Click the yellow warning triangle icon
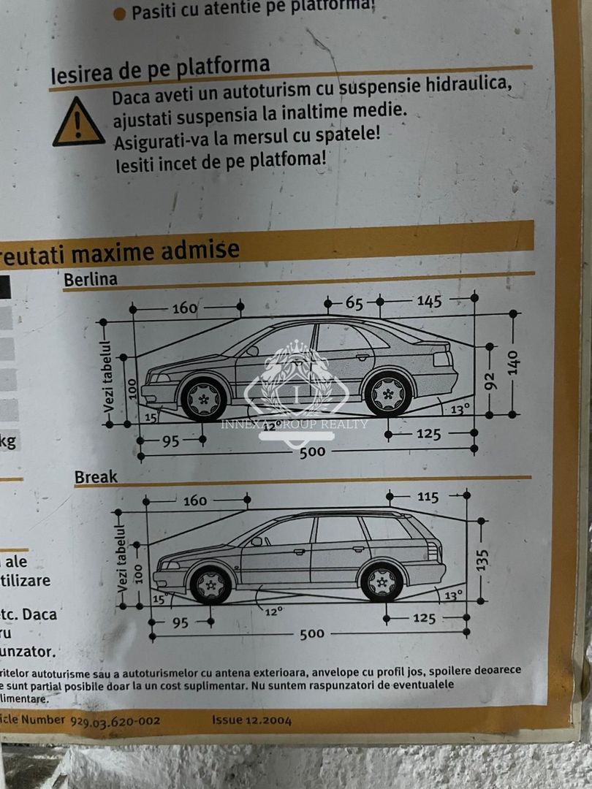tap(78, 123)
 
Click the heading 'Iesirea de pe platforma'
tap(160, 69)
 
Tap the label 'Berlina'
tap(90, 279)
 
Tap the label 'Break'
tap(96, 477)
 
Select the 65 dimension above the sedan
tap(354, 302)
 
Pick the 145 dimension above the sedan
tap(429, 300)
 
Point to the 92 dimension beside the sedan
tap(490, 381)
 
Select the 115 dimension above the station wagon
tap(428, 497)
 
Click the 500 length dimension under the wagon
tap(311, 633)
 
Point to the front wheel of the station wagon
tap(211, 584)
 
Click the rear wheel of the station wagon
tap(382, 582)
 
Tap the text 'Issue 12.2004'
tap(251, 720)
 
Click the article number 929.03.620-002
tap(115, 720)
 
